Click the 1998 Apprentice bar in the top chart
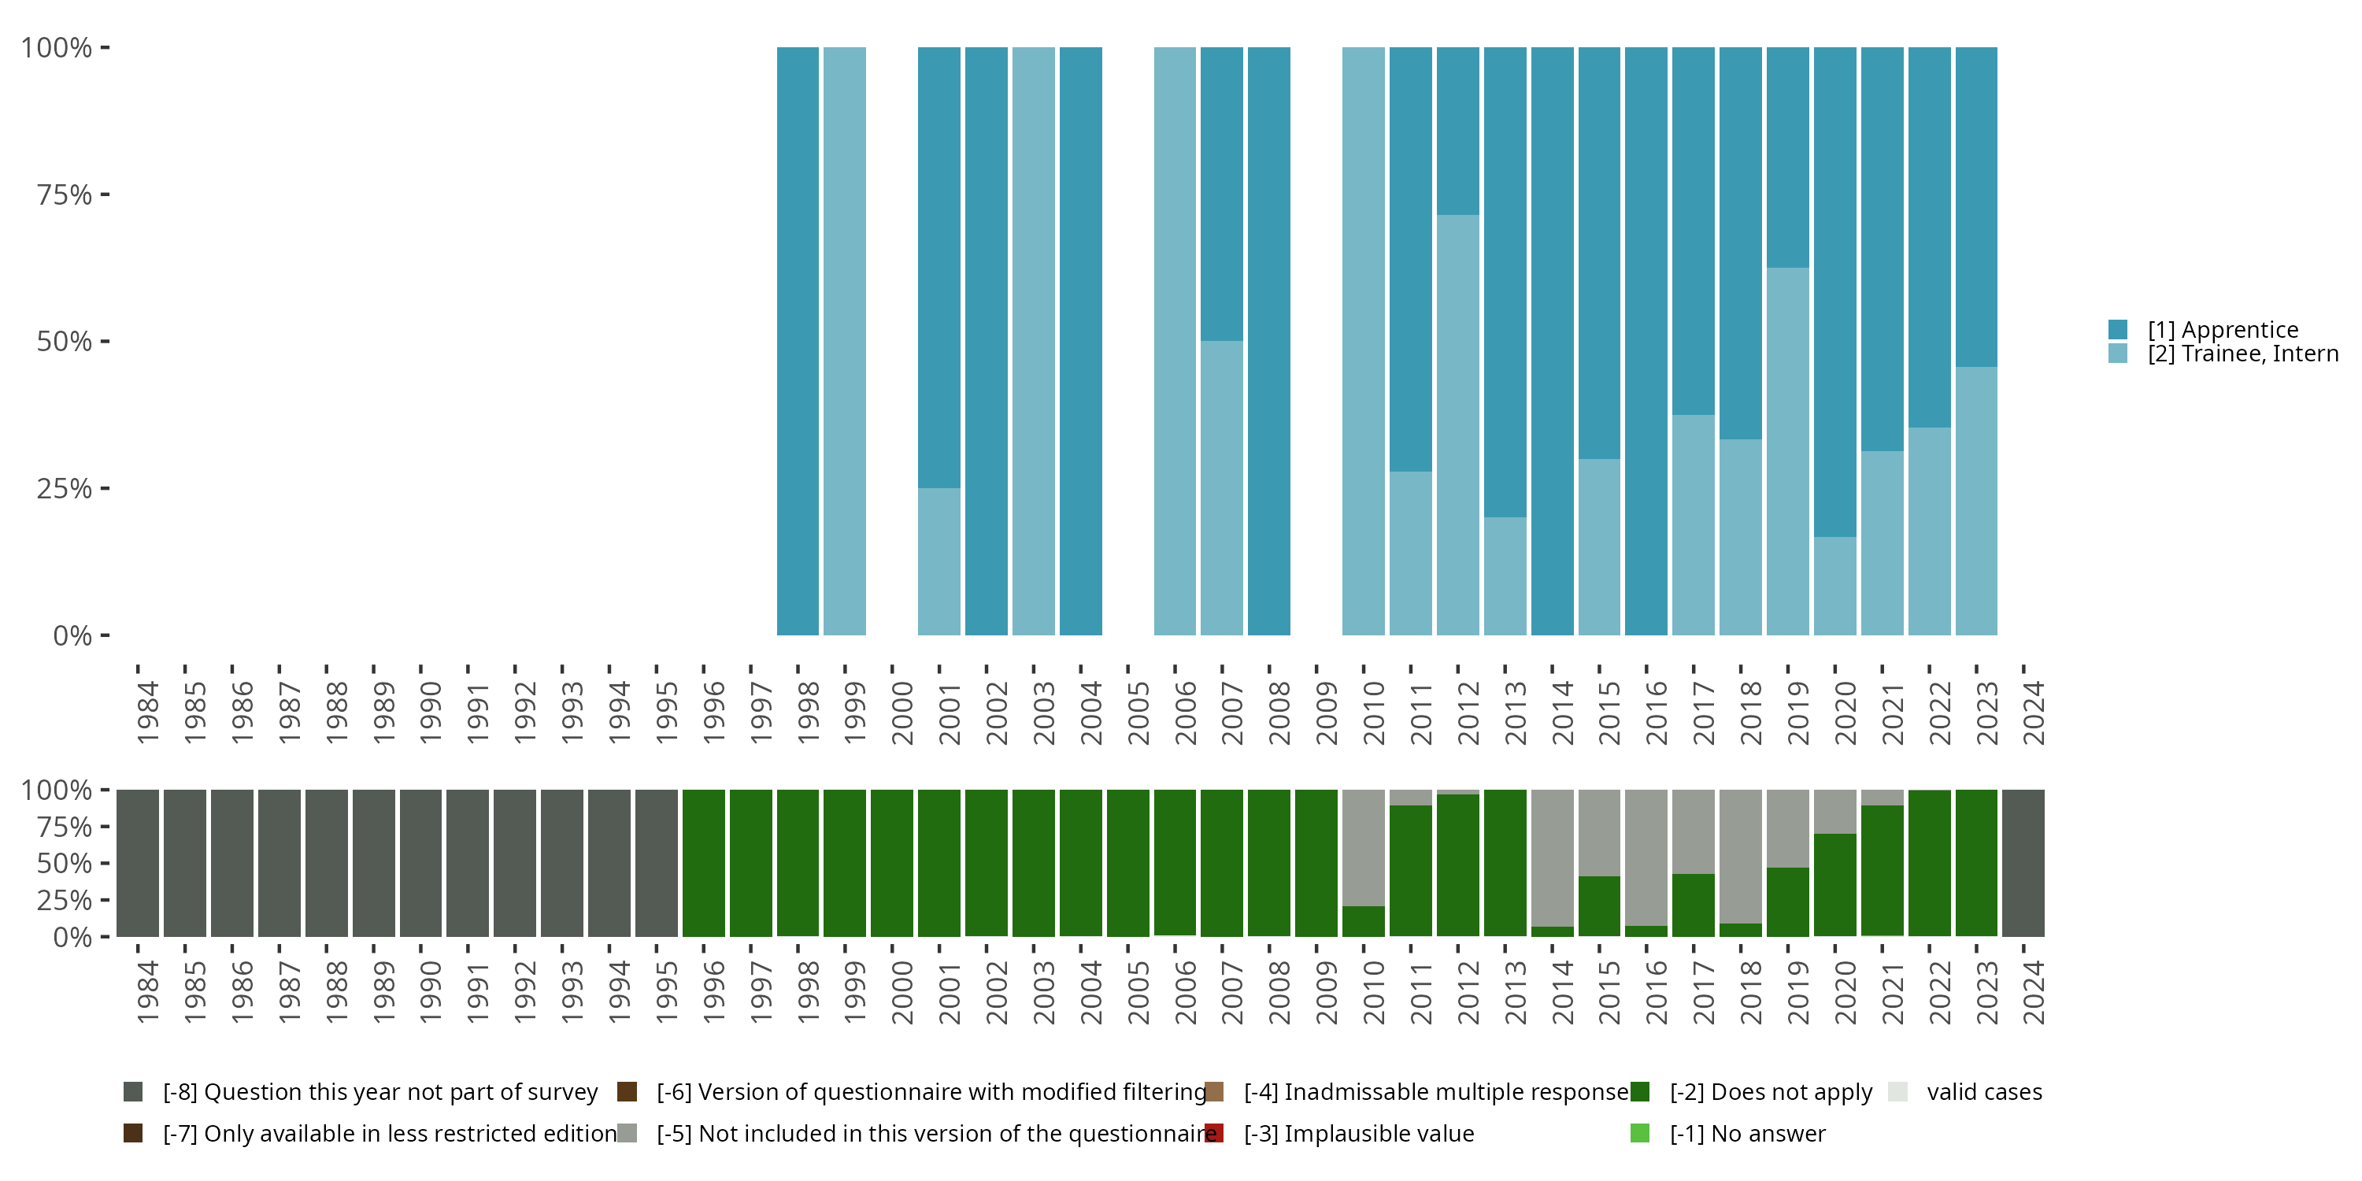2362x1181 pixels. click(x=797, y=341)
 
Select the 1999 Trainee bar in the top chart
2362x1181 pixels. click(x=845, y=341)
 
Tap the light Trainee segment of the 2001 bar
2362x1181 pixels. click(x=939, y=561)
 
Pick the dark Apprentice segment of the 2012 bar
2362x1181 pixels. click(x=1457, y=130)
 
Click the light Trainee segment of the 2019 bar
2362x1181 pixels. click(x=1787, y=451)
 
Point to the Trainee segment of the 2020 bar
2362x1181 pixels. click(x=1834, y=586)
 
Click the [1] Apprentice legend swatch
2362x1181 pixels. click(x=2117, y=329)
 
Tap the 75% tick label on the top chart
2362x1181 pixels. click(x=65, y=194)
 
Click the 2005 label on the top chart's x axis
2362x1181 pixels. click(x=1138, y=713)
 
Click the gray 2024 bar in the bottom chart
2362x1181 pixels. click(x=2023, y=863)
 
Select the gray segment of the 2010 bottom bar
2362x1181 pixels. click(x=1363, y=847)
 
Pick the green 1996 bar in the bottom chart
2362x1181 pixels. click(x=703, y=863)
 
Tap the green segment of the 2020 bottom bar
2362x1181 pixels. click(x=1834, y=885)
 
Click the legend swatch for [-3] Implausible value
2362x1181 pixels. click(x=1214, y=1133)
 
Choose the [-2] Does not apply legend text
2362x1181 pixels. click(x=1771, y=1092)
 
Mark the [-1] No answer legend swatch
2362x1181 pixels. click(x=1640, y=1133)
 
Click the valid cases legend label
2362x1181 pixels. click(x=1984, y=1092)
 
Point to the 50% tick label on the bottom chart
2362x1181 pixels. click(x=65, y=864)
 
